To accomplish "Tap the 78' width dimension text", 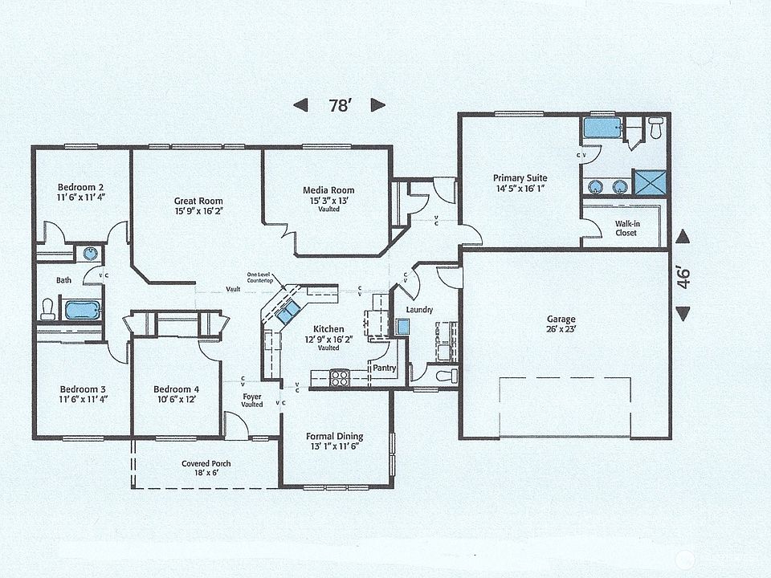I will point(339,105).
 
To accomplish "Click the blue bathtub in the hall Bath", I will point(81,309).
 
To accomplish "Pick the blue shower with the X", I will point(650,182).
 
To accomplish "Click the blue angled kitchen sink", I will point(288,313).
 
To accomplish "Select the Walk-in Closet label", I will point(626,228).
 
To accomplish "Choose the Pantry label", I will point(384,368).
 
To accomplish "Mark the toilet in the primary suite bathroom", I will point(655,128).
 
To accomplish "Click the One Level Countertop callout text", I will point(260,278).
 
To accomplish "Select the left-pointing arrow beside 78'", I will point(300,105).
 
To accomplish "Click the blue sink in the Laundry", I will point(403,326).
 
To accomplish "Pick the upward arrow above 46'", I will point(683,236).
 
